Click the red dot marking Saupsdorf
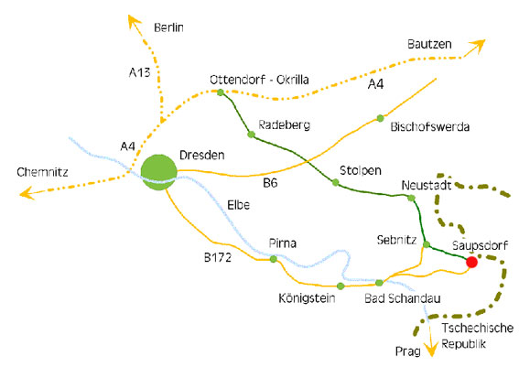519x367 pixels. (471, 262)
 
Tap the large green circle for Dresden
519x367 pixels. (159, 172)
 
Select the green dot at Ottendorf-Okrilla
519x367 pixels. (221, 92)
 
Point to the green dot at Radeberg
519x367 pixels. (251, 135)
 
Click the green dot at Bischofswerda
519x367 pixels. (380, 118)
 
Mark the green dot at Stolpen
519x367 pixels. (336, 182)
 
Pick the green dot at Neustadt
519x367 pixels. (411, 199)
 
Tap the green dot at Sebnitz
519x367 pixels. (427, 245)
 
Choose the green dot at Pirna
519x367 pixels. (274, 259)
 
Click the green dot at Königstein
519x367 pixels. (341, 286)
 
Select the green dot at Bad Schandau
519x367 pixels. (379, 283)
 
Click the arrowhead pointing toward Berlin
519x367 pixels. (134, 21)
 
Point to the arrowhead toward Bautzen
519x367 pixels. (478, 47)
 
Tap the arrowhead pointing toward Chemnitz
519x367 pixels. (27, 193)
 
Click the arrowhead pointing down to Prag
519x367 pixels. (431, 349)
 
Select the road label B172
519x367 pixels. (218, 257)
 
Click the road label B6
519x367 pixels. (270, 183)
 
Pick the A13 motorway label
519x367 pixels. (140, 72)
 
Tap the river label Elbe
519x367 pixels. (238, 205)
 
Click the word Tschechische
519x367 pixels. (478, 328)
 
